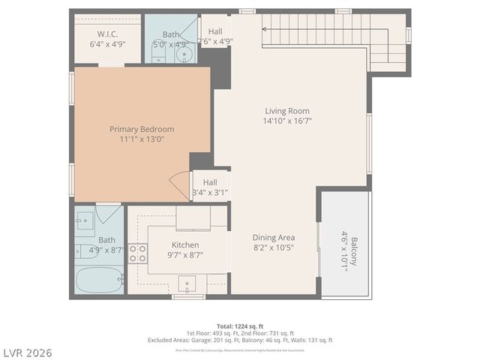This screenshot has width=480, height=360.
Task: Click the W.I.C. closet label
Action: coord(107,34)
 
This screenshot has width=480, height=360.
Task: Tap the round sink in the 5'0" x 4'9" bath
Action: coord(181,53)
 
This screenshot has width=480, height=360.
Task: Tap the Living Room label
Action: coord(286,110)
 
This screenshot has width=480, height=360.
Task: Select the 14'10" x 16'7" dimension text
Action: coord(286,120)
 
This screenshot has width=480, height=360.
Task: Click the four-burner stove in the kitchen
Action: coord(138,253)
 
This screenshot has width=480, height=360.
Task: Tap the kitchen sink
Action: coord(187,283)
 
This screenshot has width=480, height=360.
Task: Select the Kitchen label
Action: coord(185,245)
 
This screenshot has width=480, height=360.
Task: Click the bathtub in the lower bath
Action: coord(100,282)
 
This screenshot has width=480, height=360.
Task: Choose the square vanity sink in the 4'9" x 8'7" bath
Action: coord(85,219)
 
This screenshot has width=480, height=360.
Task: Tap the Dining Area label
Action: coord(273,238)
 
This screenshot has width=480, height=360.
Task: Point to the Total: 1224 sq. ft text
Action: coord(239,325)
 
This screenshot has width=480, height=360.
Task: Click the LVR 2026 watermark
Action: coord(27,352)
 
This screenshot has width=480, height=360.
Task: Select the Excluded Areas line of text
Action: coord(239,340)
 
